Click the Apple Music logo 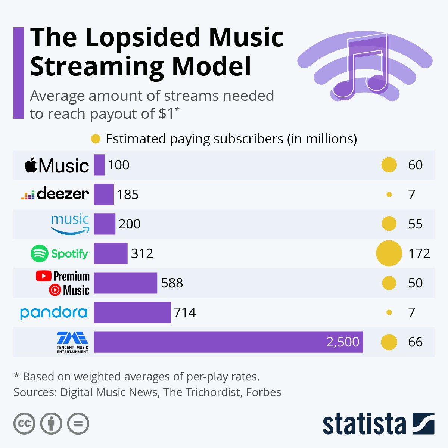(57, 165)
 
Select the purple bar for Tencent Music (228, 342)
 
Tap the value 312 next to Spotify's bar (142, 253)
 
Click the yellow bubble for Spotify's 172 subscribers (389, 253)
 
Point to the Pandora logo (54, 312)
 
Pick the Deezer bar (103, 195)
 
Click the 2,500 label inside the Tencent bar (343, 342)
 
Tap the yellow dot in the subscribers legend (96, 139)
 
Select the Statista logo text (364, 424)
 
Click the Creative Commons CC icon (24, 424)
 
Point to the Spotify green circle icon (40, 254)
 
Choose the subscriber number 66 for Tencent (415, 342)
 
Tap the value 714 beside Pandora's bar (185, 312)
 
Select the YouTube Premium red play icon (44, 276)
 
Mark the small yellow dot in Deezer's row (389, 195)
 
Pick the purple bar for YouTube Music (125, 283)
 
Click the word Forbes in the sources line (264, 392)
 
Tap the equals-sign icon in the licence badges (78, 424)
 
